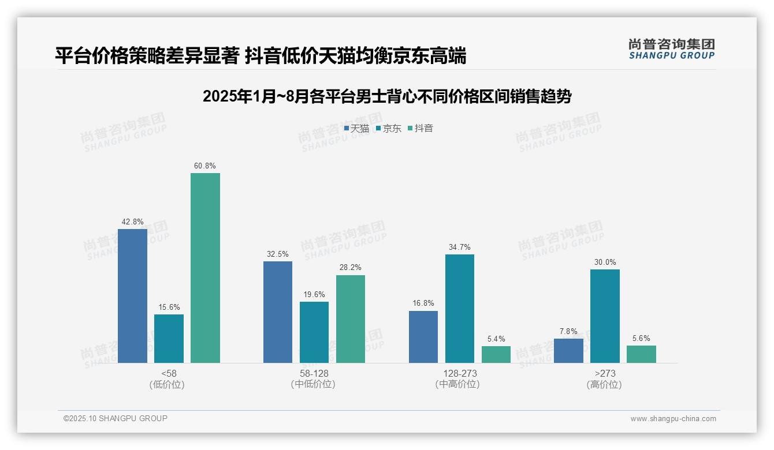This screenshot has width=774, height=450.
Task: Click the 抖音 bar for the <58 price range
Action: pyautogui.click(x=205, y=268)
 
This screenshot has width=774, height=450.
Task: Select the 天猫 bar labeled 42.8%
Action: pyautogui.click(x=132, y=295)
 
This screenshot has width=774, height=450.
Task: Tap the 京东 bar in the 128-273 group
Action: pyautogui.click(x=460, y=308)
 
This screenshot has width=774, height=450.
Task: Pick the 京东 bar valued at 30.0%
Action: pyautogui.click(x=605, y=316)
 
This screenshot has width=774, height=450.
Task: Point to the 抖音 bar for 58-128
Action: pyautogui.click(x=351, y=318)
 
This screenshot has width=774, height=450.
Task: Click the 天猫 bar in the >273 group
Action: pyautogui.click(x=568, y=350)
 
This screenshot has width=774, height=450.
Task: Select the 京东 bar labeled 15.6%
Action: pyautogui.click(x=169, y=338)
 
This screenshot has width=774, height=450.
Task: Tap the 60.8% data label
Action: pyautogui.click(x=205, y=166)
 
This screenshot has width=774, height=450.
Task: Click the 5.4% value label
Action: pyautogui.click(x=496, y=339)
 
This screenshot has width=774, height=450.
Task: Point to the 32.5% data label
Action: pyautogui.click(x=278, y=254)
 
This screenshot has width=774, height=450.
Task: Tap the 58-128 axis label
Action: pyautogui.click(x=314, y=374)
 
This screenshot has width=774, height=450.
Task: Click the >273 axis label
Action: pyautogui.click(x=604, y=374)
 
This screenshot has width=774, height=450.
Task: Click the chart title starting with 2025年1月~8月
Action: pyautogui.click(x=387, y=97)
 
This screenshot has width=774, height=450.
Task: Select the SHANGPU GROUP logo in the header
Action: pyautogui.click(x=671, y=49)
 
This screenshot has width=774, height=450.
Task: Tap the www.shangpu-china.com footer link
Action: pyautogui.click(x=673, y=419)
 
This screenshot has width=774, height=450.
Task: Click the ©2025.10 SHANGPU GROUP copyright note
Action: pyautogui.click(x=116, y=419)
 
